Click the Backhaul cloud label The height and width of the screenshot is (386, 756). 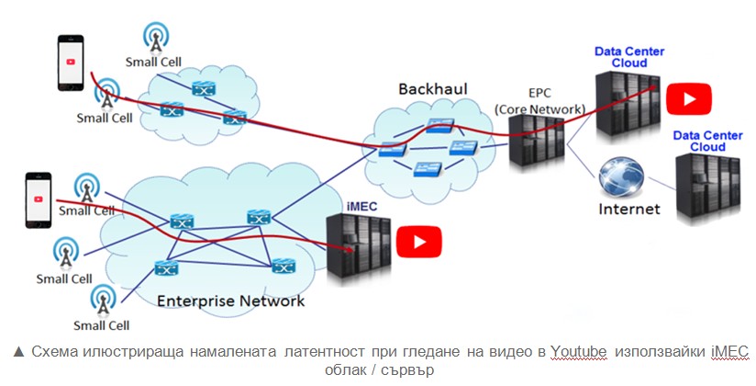[432, 89]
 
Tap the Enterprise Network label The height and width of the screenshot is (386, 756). [230, 301]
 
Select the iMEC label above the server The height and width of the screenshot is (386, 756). [361, 207]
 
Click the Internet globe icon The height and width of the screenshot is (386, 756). [621, 176]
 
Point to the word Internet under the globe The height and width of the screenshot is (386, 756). [629, 210]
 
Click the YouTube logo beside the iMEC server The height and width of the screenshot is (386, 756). [418, 242]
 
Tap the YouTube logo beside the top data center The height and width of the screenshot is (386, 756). [688, 99]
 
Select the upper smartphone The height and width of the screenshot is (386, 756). [71, 62]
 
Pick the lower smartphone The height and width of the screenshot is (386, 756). [39, 200]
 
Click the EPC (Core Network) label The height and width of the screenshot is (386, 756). [540, 101]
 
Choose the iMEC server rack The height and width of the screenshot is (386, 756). [358, 246]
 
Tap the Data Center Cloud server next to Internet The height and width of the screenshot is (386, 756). [707, 186]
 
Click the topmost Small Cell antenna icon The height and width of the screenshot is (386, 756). [156, 37]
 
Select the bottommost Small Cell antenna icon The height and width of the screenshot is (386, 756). [103, 301]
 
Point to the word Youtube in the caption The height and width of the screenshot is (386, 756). [579, 352]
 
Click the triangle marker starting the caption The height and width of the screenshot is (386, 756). [18, 352]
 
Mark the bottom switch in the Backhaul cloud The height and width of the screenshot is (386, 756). [428, 169]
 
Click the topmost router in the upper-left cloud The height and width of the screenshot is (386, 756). [203, 88]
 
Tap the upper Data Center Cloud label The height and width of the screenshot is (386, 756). [629, 57]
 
